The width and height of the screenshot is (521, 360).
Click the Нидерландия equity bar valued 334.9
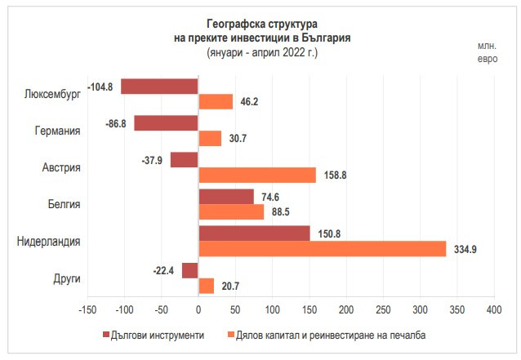tap(323, 249)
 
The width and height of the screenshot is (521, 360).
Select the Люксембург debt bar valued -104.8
tap(159, 86)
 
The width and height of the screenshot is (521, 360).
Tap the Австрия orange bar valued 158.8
tap(256, 176)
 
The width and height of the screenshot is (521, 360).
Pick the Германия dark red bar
tap(166, 122)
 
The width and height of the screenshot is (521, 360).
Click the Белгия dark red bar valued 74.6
tap(225, 197)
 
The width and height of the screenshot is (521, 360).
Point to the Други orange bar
tap(206, 286)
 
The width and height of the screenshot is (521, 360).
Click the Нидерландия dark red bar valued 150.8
tap(254, 233)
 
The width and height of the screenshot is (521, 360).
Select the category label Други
tap(66, 278)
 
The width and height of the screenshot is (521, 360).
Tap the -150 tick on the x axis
tap(87, 311)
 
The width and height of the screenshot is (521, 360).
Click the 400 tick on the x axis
tap(493, 311)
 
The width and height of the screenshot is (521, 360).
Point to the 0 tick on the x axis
tap(198, 311)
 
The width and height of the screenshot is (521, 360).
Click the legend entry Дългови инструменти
tap(158, 336)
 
